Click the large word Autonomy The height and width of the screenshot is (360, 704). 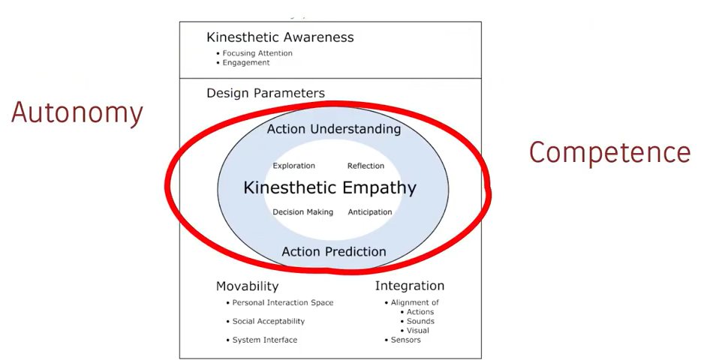click(x=77, y=113)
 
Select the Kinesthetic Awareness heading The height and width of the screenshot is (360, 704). click(x=280, y=37)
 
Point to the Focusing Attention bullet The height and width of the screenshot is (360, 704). click(x=254, y=53)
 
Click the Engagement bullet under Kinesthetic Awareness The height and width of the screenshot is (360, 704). click(x=243, y=63)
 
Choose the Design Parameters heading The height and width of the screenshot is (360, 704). click(x=266, y=93)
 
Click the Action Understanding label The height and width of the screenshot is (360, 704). click(x=334, y=129)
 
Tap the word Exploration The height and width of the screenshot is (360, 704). click(x=294, y=166)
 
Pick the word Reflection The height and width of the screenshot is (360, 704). click(x=366, y=166)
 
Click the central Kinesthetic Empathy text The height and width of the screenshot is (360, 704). click(x=330, y=187)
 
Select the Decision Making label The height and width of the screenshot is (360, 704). click(x=303, y=211)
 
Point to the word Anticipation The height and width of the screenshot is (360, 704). click(x=370, y=211)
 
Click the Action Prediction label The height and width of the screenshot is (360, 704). click(x=334, y=251)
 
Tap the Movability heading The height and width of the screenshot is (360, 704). click(x=248, y=286)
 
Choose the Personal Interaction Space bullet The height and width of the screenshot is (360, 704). click(x=280, y=302)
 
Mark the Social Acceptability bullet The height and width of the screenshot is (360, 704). click(x=266, y=322)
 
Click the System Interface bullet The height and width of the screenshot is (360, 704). click(x=262, y=340)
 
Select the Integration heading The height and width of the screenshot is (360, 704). click(x=410, y=286)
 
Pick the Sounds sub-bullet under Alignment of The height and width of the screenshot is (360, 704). click(x=417, y=322)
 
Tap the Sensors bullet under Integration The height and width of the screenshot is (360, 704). click(x=403, y=340)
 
